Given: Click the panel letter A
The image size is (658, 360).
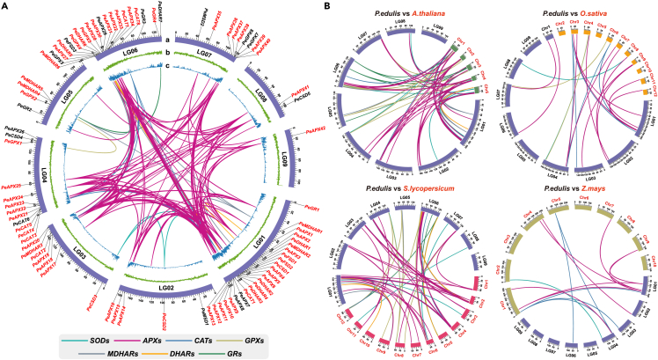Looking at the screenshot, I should [x=6, y=7].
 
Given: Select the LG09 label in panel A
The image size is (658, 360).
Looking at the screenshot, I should [x=280, y=162].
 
